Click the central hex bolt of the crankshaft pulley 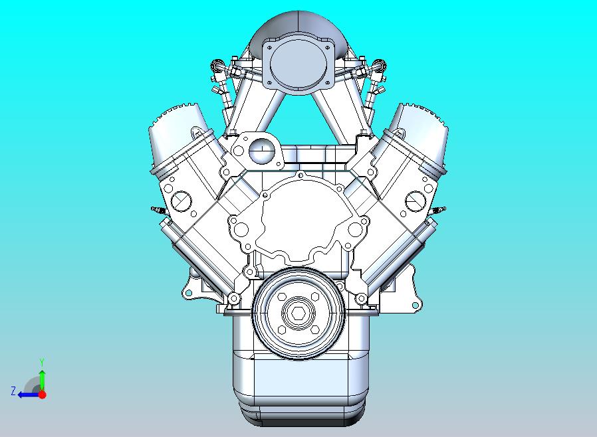[x=298, y=311]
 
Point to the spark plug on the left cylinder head [x=158, y=210]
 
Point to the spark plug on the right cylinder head [x=439, y=210]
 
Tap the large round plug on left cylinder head [x=181, y=199]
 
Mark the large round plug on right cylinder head [x=415, y=199]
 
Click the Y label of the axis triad [x=42, y=362]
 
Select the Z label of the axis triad [x=13, y=391]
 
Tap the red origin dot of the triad [x=42, y=394]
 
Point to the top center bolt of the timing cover [x=300, y=175]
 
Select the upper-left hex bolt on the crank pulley [x=281, y=297]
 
